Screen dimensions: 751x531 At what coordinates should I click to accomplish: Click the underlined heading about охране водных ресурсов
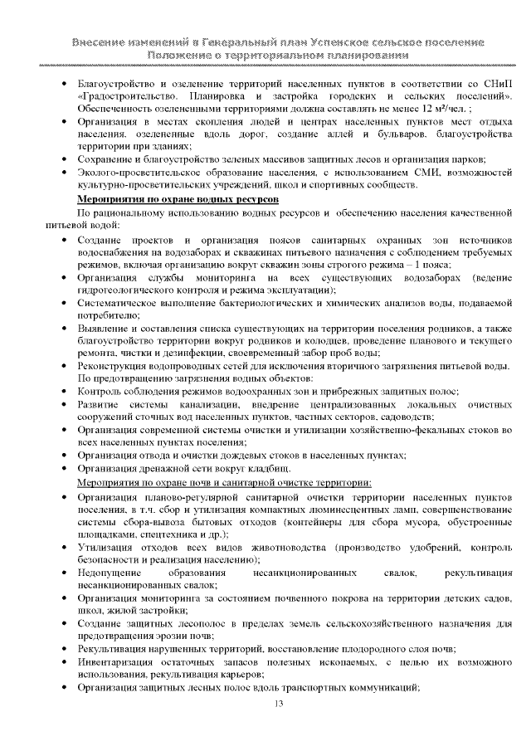point(178,200)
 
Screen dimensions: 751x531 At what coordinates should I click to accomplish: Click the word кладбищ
point(266,469)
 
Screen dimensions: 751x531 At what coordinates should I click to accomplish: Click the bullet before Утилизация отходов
point(66,549)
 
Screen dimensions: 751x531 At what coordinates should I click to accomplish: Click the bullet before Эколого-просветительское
point(66,172)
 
